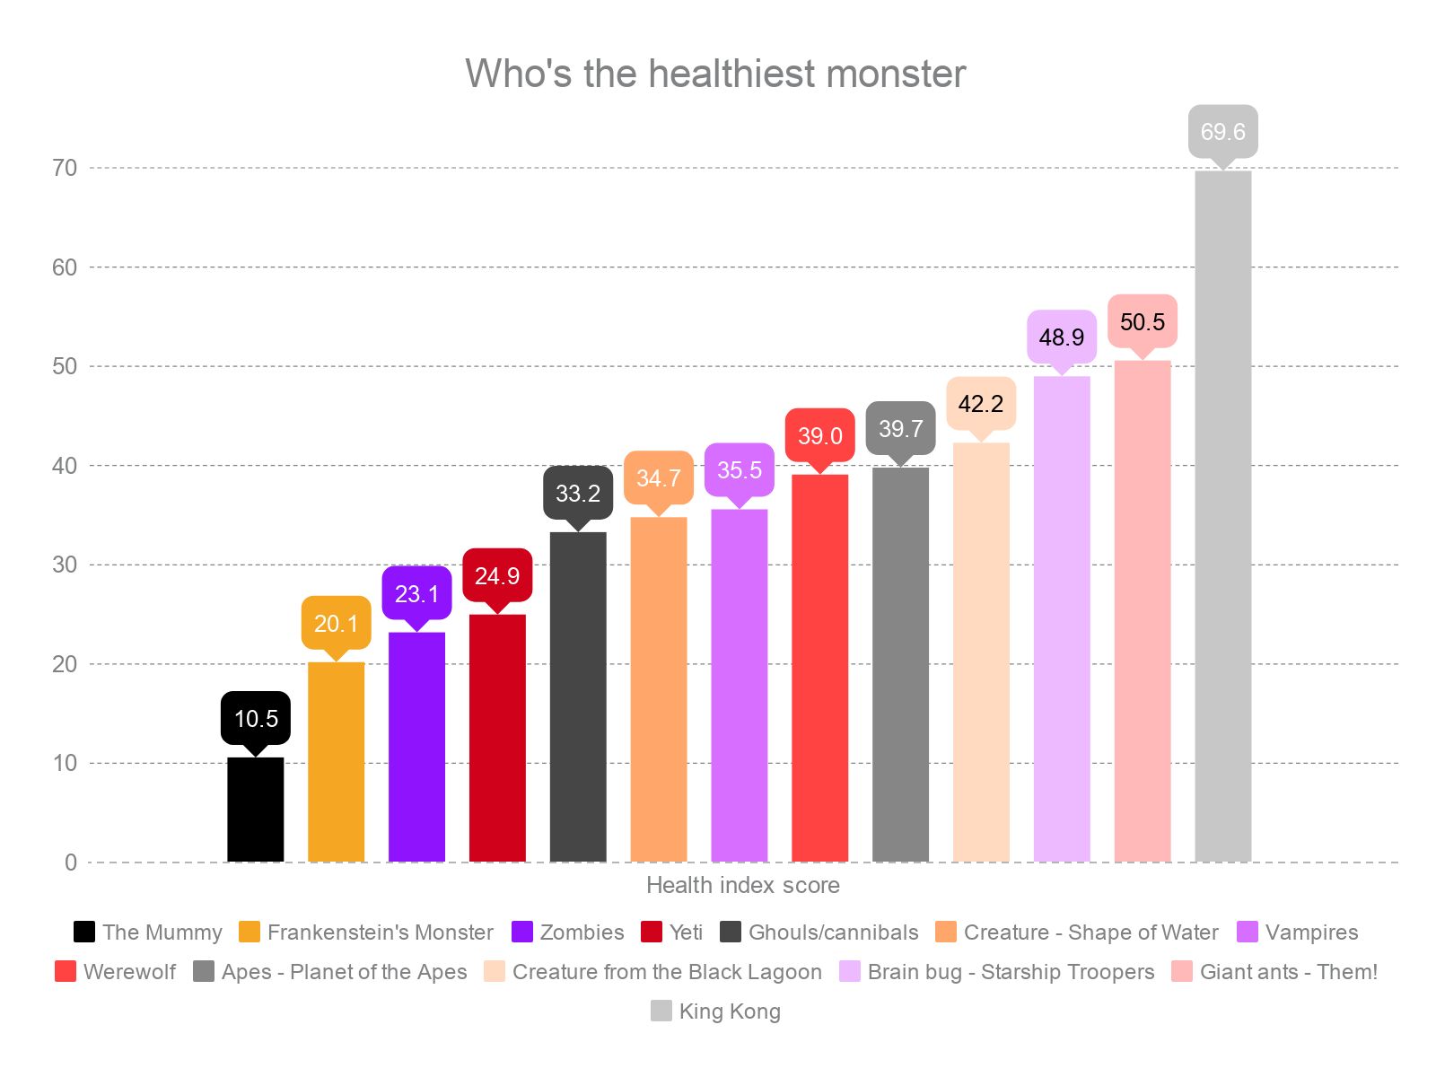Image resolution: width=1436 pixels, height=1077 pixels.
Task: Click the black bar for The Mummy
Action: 255,810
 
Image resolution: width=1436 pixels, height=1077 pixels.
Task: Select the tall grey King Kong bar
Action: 1222,516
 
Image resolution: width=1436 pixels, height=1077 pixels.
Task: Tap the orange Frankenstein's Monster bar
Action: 336,762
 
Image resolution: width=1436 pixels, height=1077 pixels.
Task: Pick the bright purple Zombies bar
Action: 416,747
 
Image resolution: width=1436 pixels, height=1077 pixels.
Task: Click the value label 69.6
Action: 1222,132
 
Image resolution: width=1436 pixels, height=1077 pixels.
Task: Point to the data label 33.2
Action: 577,493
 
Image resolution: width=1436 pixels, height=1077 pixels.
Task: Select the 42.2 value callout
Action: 980,404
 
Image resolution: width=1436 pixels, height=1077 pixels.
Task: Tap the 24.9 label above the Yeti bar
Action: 496,575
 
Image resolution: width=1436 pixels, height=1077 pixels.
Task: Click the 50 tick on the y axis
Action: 65,366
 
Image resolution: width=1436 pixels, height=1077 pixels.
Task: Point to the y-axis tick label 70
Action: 65,168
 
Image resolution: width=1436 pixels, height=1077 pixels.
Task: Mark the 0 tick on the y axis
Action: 71,862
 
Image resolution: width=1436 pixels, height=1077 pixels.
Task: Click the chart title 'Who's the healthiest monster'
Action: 715,74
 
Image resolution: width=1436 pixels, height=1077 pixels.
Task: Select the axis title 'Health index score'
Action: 742,885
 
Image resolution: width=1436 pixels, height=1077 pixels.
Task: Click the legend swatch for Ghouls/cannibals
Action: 731,933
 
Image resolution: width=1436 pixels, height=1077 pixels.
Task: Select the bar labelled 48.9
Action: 1062,618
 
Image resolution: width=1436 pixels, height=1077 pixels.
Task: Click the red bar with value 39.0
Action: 819,668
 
